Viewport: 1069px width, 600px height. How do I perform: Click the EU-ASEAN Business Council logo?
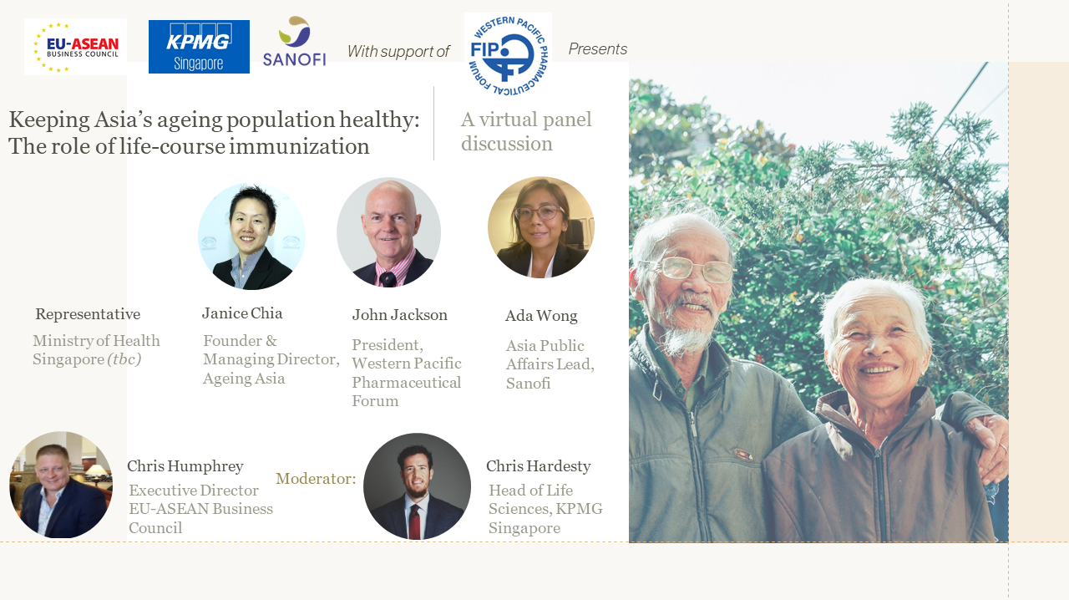[x=75, y=47]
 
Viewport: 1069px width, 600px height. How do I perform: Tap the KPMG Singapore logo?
[x=199, y=47]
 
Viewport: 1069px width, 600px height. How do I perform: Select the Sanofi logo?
[x=295, y=42]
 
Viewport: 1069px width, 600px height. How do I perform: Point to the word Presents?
[x=597, y=48]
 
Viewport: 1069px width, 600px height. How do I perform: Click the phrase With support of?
[x=398, y=51]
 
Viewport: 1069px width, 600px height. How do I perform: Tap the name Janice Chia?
[x=242, y=313]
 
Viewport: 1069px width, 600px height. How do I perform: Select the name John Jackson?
[x=400, y=315]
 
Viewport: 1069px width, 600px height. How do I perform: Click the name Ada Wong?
[x=541, y=316]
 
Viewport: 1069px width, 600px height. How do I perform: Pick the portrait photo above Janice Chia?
[x=251, y=236]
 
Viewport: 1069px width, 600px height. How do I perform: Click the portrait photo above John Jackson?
[x=389, y=232]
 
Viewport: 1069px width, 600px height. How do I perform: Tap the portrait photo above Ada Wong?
[x=541, y=227]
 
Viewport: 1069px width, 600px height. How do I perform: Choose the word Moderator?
[x=316, y=479]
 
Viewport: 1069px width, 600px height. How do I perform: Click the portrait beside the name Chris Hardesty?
[x=417, y=486]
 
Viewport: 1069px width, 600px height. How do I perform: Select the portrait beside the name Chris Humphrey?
[x=61, y=485]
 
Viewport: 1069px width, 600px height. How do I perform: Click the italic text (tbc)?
[x=124, y=359]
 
